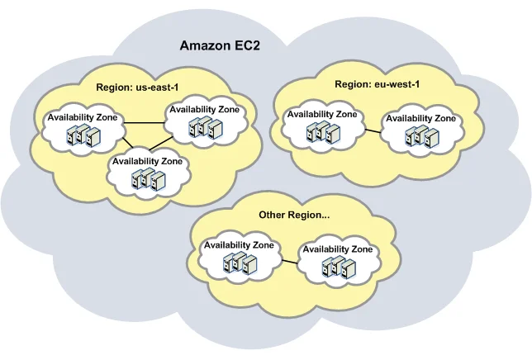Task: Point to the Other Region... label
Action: pyautogui.click(x=294, y=215)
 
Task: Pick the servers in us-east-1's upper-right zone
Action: pyautogui.click(x=205, y=127)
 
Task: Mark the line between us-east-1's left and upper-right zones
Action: pyautogui.click(x=145, y=124)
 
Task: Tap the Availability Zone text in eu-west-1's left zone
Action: pyautogui.click(x=321, y=115)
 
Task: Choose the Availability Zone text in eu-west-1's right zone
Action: pyautogui.click(x=420, y=118)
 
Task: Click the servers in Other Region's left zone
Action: pyautogui.click(x=237, y=263)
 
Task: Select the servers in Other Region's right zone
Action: pyautogui.click(x=339, y=267)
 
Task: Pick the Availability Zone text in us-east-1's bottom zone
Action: pyautogui.click(x=147, y=161)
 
